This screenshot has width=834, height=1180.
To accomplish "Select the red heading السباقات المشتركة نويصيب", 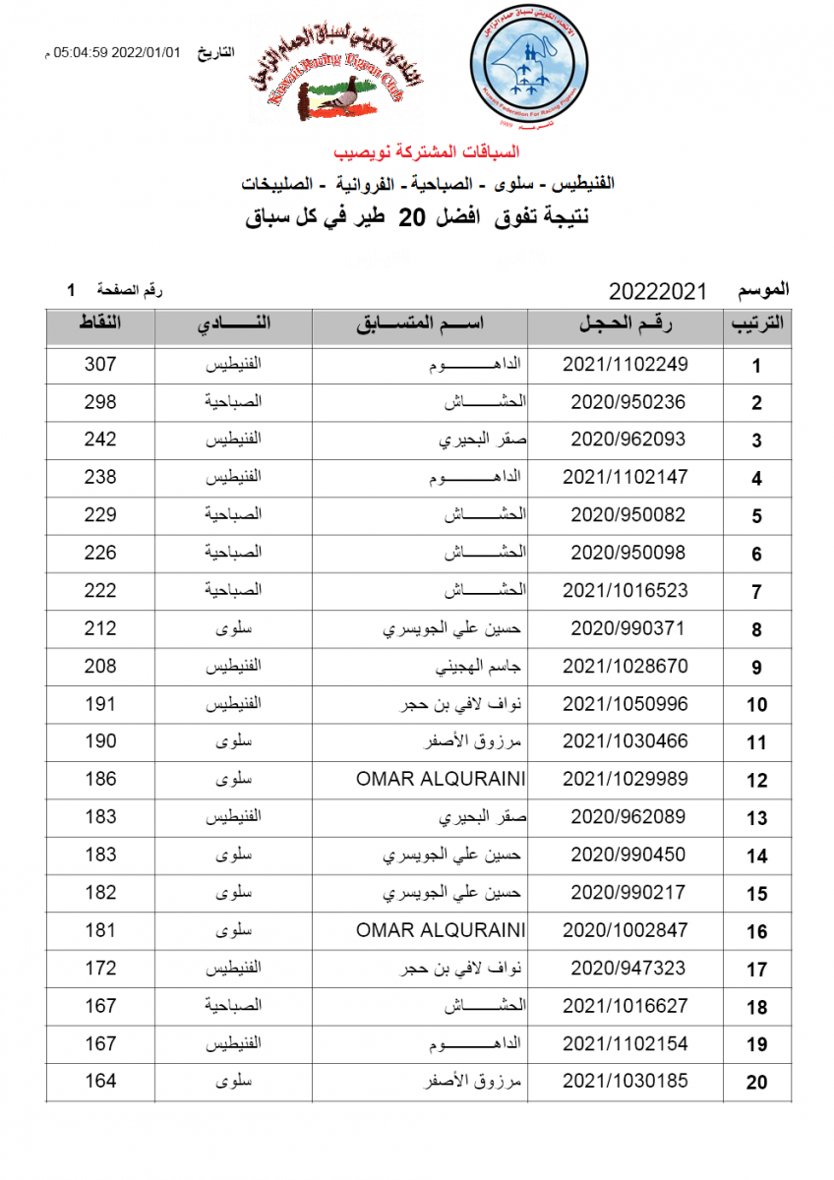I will [x=427, y=152].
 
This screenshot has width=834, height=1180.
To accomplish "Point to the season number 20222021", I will [x=658, y=291].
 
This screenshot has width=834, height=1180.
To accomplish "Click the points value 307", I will [x=100, y=365].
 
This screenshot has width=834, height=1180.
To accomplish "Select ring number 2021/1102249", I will [x=625, y=365].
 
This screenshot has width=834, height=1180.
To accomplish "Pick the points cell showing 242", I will [x=100, y=440].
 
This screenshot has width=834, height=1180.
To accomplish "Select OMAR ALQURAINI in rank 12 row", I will [x=441, y=779].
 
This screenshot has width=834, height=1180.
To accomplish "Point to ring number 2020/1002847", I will [x=625, y=930].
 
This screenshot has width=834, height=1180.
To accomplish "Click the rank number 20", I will [x=756, y=1083].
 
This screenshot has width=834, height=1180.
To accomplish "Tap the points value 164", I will [x=100, y=1081].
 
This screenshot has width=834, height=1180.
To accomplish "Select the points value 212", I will [x=100, y=628].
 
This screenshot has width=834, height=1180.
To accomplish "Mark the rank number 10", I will [x=756, y=705].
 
